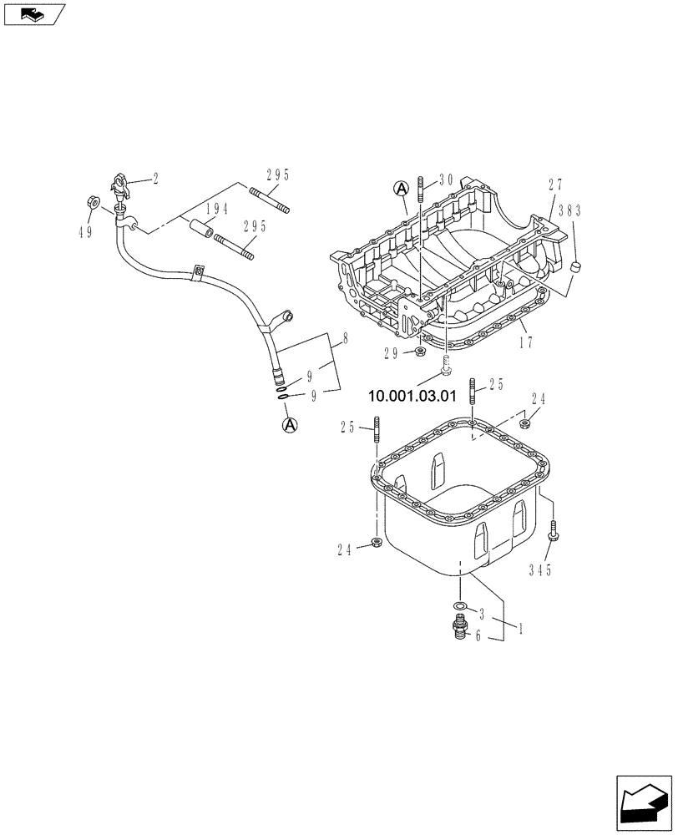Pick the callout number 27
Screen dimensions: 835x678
coord(556,185)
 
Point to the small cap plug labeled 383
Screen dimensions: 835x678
coord(574,266)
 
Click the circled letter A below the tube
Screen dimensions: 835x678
coord(290,425)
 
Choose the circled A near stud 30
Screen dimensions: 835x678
coord(400,189)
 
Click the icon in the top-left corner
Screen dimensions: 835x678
coord(33,14)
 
